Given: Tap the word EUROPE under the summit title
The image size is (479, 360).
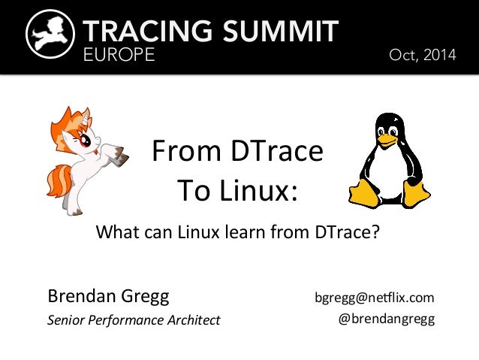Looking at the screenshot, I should point(119,56).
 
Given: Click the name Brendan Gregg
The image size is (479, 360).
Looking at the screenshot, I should point(109,295).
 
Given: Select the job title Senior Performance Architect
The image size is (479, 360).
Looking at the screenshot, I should point(134,320).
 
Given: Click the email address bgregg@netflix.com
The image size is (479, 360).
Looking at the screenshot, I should point(375,297).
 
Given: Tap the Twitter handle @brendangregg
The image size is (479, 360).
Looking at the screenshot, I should point(387,319).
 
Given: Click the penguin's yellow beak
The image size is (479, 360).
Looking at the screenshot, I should point(387,140).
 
